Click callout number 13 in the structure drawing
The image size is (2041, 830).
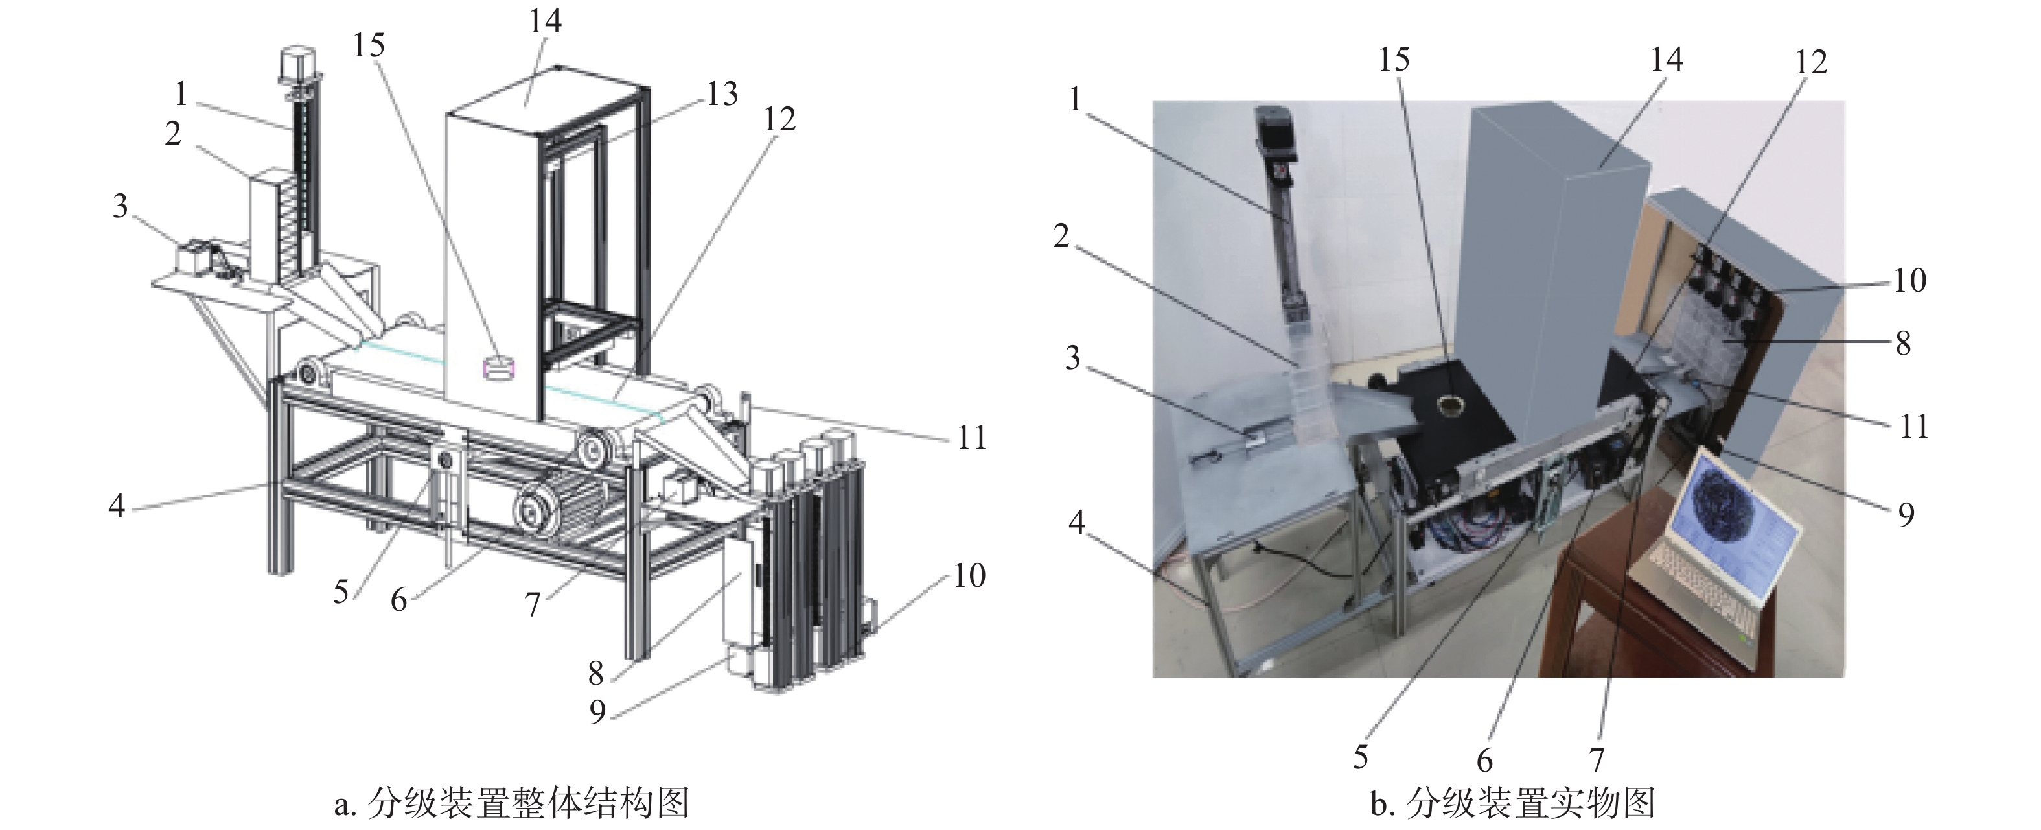[722, 94]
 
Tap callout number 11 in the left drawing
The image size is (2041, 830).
[971, 438]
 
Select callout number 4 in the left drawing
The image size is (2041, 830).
[117, 504]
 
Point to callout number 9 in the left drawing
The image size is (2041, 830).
[598, 711]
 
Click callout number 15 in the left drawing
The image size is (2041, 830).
[369, 46]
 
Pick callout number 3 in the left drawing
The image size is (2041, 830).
[121, 206]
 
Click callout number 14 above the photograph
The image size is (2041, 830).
[1666, 60]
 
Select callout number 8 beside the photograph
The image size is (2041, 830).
[1902, 343]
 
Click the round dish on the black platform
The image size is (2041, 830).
[1449, 405]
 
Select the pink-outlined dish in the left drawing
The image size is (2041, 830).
[499, 368]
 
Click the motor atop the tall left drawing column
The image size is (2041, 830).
[296, 64]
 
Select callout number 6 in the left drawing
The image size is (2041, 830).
[399, 600]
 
